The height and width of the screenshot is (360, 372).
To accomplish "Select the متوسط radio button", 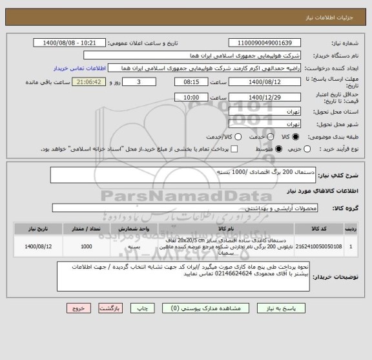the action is tap(279, 149).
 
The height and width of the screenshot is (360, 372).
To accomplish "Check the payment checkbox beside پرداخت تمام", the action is tap(234, 149).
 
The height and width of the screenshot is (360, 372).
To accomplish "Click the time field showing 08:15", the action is tap(191, 83).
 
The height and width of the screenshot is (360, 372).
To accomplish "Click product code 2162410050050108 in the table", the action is tap(316, 246).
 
